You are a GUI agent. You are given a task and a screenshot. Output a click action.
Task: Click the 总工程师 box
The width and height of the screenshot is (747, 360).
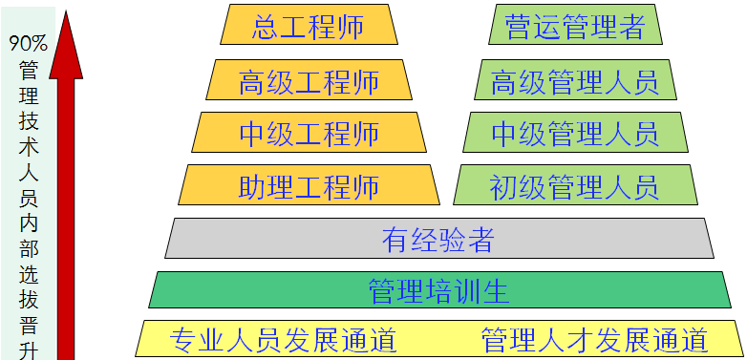[309, 25]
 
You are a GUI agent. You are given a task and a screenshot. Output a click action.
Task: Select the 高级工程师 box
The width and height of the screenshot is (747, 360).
[309, 80]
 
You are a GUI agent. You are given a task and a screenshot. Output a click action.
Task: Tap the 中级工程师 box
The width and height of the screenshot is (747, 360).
[309, 133]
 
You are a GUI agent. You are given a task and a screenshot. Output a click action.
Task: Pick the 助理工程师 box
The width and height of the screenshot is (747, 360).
[309, 185]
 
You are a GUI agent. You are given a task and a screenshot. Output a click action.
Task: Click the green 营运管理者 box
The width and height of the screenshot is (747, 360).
[575, 25]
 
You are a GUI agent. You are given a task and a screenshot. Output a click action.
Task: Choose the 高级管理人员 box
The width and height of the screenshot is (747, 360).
[575, 80]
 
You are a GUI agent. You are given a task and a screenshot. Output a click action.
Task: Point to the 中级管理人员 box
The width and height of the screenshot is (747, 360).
[575, 133]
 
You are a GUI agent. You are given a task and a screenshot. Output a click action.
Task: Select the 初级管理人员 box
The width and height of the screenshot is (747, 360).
[575, 185]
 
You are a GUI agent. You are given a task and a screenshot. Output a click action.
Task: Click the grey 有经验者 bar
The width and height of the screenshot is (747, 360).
[438, 239]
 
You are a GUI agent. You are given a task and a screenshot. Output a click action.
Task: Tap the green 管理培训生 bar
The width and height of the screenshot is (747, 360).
[438, 289]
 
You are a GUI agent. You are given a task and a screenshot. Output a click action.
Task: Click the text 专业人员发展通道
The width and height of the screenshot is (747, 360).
[283, 339]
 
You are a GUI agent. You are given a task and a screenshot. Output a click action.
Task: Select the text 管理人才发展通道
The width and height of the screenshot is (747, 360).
[594, 339]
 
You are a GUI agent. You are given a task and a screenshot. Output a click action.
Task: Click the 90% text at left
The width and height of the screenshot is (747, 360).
[29, 43]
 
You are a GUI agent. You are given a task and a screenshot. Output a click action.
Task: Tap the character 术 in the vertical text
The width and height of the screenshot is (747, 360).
[29, 146]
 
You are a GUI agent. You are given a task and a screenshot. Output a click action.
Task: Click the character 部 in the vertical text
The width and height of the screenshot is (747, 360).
[29, 249]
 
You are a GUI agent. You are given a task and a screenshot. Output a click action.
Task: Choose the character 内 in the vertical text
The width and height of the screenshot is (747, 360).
[29, 223]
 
